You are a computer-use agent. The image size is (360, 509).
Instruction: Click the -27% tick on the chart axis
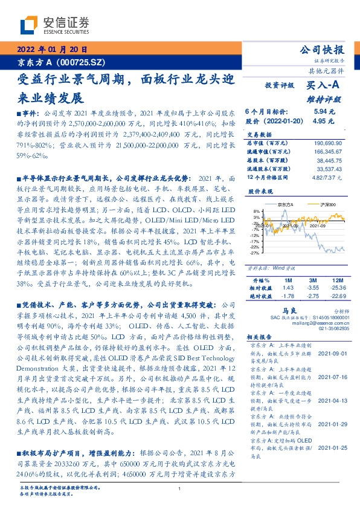[x=256, y=253]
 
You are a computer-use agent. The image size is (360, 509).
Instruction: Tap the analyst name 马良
[x=277, y=308]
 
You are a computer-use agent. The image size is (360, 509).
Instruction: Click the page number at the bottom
[x=179, y=488]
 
